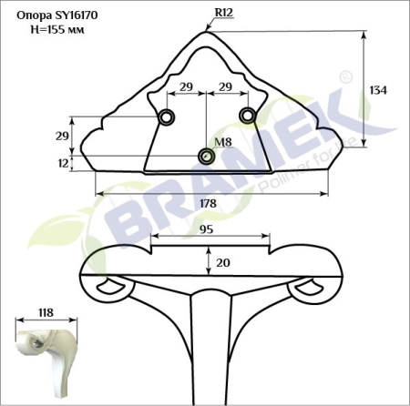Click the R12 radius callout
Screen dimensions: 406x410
[223, 13]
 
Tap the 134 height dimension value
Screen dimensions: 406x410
[378, 90]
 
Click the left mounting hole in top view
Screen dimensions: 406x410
[167, 117]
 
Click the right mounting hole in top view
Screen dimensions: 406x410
[246, 114]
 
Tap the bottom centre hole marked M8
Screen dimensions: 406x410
[207, 157]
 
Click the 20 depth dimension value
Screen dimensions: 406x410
[222, 263]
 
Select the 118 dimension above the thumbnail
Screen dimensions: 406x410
[44, 312]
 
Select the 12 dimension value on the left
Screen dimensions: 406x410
[62, 163]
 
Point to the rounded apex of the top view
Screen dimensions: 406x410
[206, 30]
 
